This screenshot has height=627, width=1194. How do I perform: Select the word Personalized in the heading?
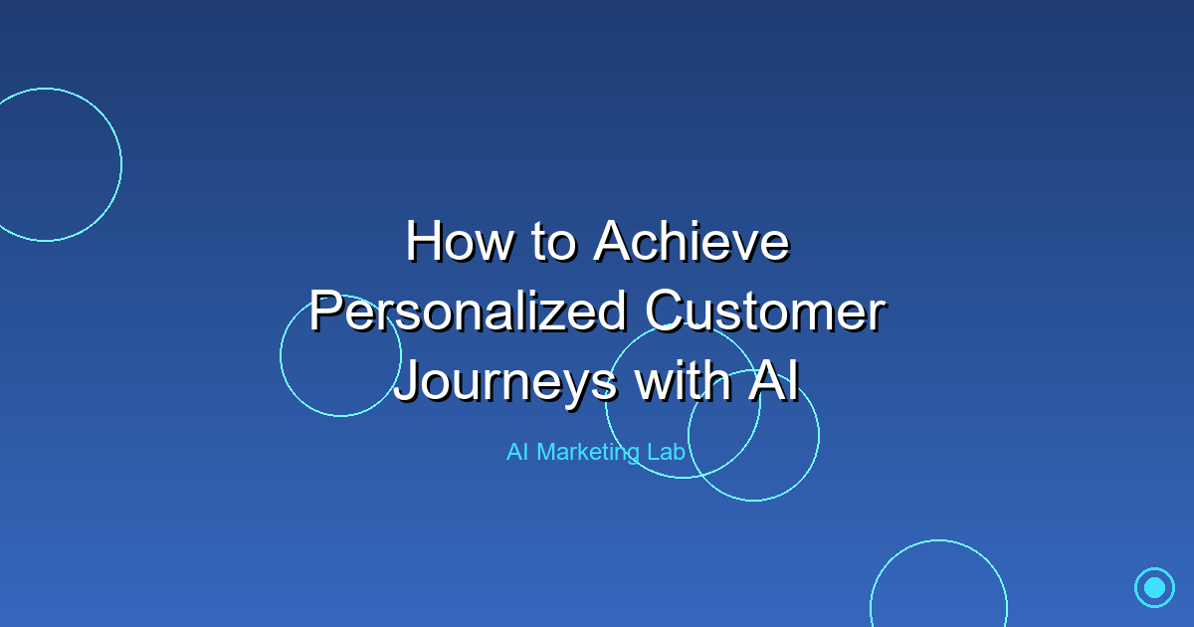(x=468, y=313)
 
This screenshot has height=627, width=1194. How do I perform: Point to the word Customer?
(x=764, y=313)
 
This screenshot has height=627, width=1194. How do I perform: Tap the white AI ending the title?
(x=773, y=383)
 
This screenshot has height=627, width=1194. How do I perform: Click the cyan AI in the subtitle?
(x=516, y=452)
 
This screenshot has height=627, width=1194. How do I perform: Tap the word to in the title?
(x=553, y=242)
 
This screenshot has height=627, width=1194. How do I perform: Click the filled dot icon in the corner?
(x=1154, y=587)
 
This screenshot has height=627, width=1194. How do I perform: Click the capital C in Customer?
(x=664, y=313)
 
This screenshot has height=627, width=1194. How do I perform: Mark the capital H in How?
(x=423, y=242)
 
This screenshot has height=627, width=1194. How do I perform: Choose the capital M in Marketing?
(x=546, y=452)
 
